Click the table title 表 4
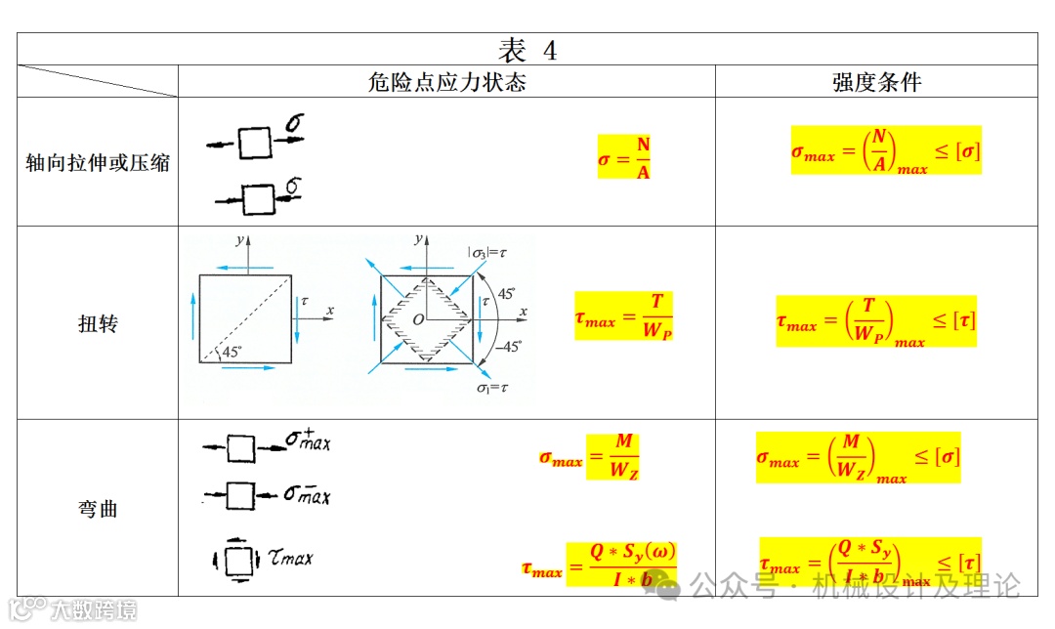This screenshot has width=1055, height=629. click(x=527, y=50)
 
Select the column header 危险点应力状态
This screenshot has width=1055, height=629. click(x=446, y=82)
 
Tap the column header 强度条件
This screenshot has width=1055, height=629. click(x=876, y=82)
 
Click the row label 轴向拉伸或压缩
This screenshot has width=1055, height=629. click(x=98, y=162)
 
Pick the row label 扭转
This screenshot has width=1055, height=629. click(x=98, y=323)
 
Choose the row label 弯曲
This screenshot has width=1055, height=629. click(x=98, y=509)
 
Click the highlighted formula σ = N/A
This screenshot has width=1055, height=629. click(x=625, y=157)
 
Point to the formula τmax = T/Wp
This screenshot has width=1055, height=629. click(x=624, y=316)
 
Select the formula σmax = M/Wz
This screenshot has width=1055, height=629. click(x=590, y=456)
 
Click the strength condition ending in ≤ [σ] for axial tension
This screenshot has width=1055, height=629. click(x=886, y=150)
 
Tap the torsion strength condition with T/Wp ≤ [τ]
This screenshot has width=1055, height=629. click(x=876, y=320)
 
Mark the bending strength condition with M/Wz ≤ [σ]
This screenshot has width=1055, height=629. click(x=858, y=457)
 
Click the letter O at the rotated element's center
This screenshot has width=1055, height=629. click(x=417, y=319)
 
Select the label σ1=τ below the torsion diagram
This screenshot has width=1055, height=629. click(x=494, y=388)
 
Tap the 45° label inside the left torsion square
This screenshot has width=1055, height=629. click(x=231, y=353)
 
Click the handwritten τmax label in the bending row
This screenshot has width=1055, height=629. click(x=290, y=559)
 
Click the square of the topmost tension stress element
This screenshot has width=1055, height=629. click(x=254, y=143)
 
